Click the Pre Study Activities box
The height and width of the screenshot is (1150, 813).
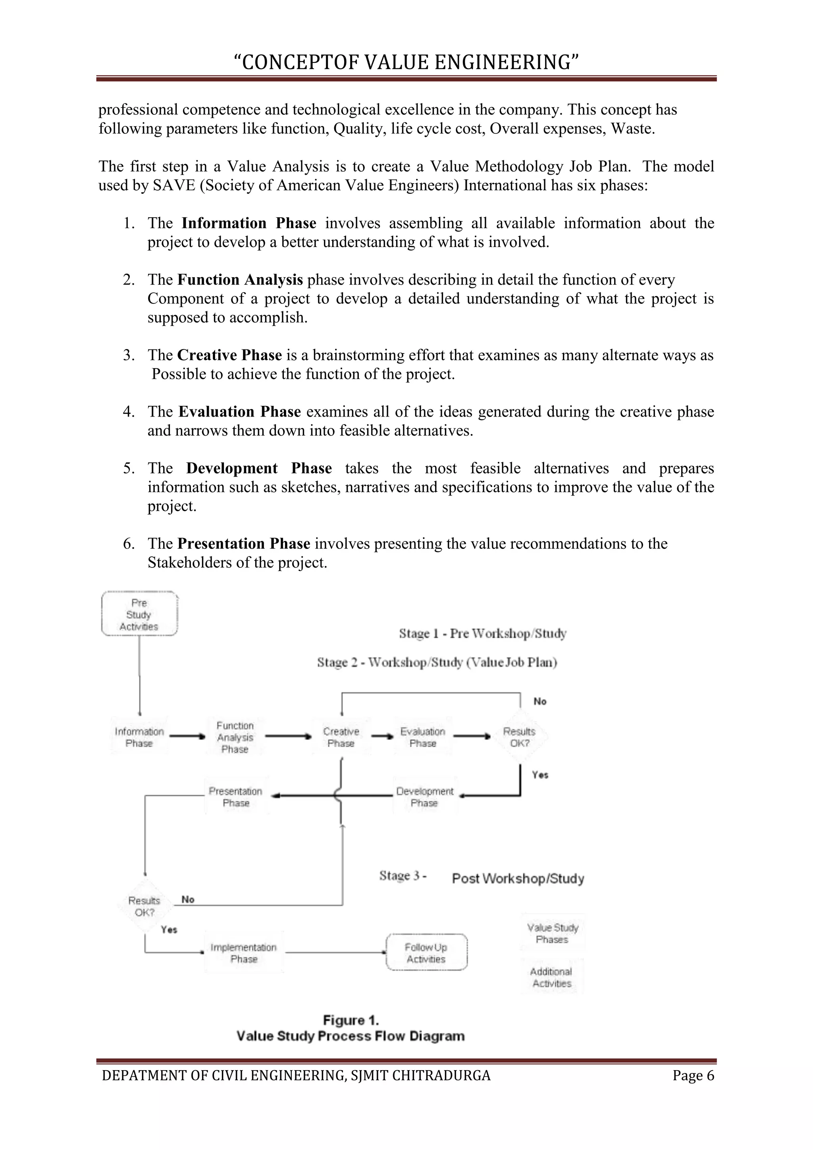tap(139, 614)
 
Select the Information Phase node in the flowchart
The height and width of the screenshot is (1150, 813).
tap(139, 737)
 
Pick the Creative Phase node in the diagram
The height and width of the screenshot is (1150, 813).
tap(341, 737)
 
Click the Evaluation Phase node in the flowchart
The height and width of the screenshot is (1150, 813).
tap(423, 737)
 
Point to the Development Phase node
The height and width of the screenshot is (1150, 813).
tap(424, 797)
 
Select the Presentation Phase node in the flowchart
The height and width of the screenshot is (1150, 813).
tap(236, 797)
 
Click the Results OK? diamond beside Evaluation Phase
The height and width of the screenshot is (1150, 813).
tap(519, 737)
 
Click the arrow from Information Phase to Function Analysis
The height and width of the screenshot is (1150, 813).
tap(187, 737)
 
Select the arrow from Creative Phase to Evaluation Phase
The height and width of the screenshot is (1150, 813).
tap(382, 737)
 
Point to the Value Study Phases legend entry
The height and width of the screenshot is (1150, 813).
tap(553, 934)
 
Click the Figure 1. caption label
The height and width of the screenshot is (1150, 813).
tap(351, 1020)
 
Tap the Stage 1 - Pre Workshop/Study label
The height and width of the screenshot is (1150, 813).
tap(483, 634)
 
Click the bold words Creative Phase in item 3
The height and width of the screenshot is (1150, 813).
tap(229, 355)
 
